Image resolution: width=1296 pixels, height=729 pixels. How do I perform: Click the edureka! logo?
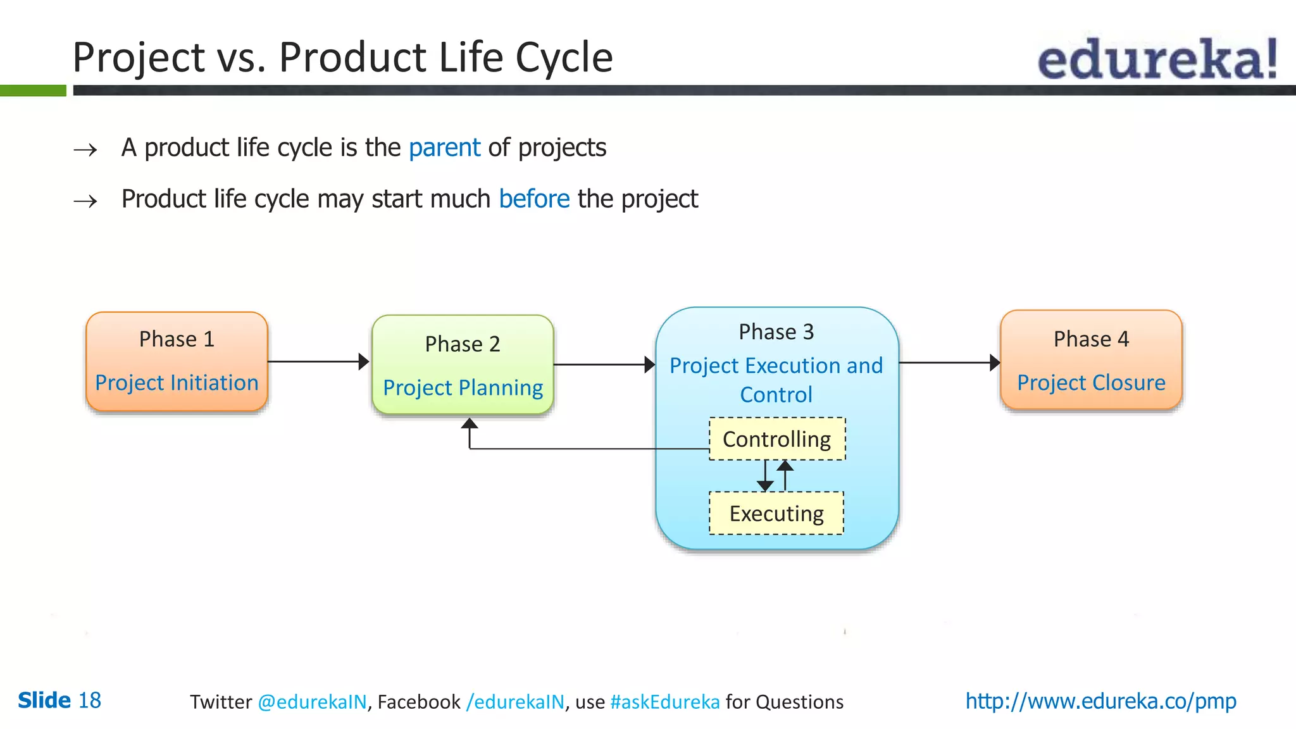pyautogui.click(x=1157, y=59)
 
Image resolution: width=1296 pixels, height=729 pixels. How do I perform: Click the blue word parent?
pyautogui.click(x=444, y=147)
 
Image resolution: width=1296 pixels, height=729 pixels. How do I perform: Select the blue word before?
pyautogui.click(x=534, y=199)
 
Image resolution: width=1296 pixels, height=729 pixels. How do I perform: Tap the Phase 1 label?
pyautogui.click(x=177, y=339)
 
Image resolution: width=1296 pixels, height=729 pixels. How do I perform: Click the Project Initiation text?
pyautogui.click(x=177, y=383)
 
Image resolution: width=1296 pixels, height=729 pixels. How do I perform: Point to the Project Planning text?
pyautogui.click(x=463, y=387)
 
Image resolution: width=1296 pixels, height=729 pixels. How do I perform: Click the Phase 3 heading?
pyautogui.click(x=776, y=332)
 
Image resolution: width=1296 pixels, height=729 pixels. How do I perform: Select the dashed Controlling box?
pyautogui.click(x=777, y=439)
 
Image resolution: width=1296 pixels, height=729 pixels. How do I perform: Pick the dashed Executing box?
pyautogui.click(x=776, y=513)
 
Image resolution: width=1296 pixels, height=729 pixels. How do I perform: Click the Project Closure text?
pyautogui.click(x=1091, y=383)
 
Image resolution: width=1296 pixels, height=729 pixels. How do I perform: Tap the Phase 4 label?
pyautogui.click(x=1091, y=339)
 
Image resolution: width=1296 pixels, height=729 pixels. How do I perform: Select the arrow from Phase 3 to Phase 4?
pyautogui.click(x=949, y=363)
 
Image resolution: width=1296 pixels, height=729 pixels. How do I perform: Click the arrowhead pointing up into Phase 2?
pyautogui.click(x=469, y=423)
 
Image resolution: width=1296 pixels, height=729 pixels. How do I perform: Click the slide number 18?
pyautogui.click(x=89, y=701)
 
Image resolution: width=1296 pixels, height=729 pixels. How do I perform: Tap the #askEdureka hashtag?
pyautogui.click(x=665, y=702)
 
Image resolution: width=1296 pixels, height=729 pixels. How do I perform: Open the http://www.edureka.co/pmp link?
pyautogui.click(x=1100, y=701)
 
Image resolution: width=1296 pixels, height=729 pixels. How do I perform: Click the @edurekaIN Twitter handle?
pyautogui.click(x=312, y=702)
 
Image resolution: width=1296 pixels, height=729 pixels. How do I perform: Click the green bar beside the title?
pyautogui.click(x=33, y=90)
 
